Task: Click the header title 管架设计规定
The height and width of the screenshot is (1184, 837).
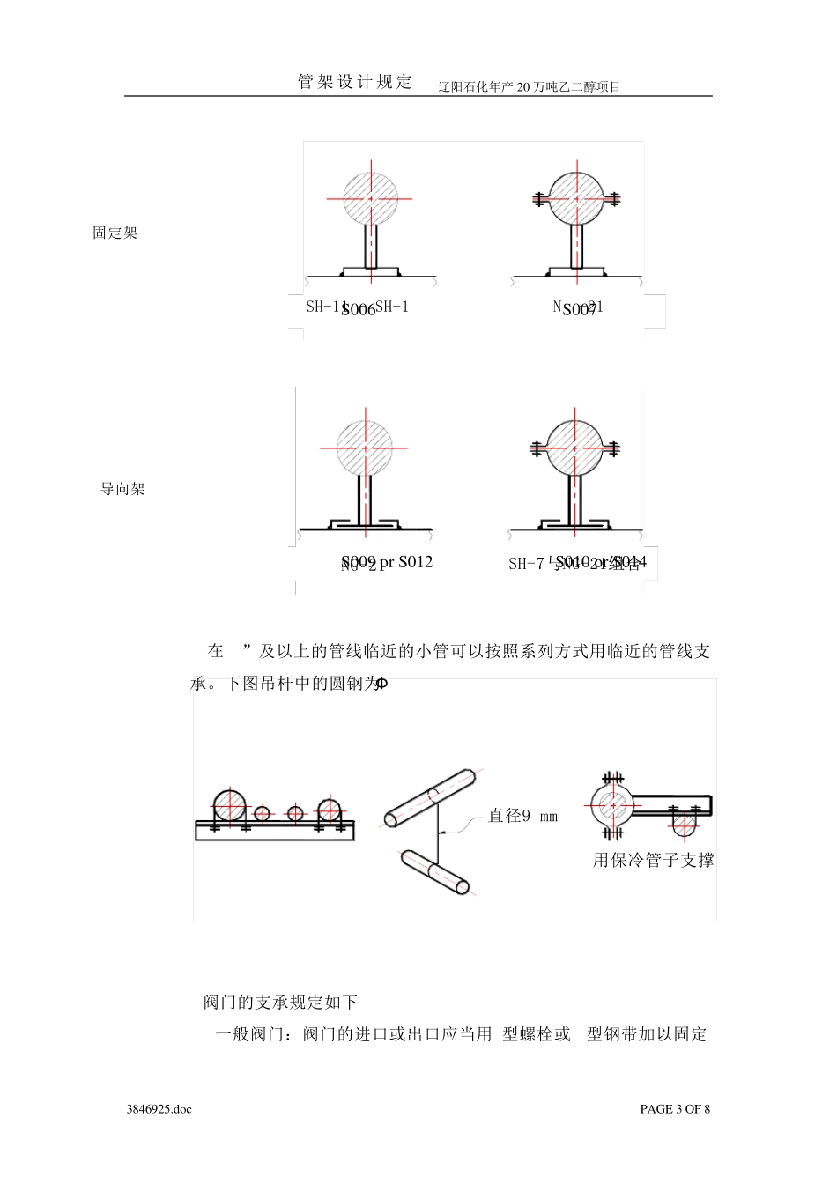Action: click(355, 82)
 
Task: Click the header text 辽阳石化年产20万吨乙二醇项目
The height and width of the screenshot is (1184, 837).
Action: click(529, 86)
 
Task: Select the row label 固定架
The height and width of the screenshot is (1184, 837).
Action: click(115, 233)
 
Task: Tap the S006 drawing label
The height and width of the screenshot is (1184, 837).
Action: click(358, 310)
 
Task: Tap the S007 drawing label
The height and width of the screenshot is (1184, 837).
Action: click(579, 310)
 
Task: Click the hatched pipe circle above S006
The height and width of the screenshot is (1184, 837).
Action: click(370, 199)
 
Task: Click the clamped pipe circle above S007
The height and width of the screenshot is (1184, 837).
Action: click(577, 199)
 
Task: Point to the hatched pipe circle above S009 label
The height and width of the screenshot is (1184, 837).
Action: click(365, 448)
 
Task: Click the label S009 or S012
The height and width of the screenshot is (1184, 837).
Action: click(387, 562)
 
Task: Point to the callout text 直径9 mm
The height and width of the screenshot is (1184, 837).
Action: click(522, 816)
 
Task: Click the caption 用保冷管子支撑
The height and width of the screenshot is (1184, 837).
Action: click(653, 860)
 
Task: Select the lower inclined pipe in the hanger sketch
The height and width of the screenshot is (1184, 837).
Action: click(435, 872)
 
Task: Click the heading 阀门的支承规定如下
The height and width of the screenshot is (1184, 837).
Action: click(280, 1003)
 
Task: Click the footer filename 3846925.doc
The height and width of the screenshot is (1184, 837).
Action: click(159, 1109)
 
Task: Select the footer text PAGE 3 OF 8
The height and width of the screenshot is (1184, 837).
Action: click(674, 1109)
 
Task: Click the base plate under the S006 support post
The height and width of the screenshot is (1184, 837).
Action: click(370, 271)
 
